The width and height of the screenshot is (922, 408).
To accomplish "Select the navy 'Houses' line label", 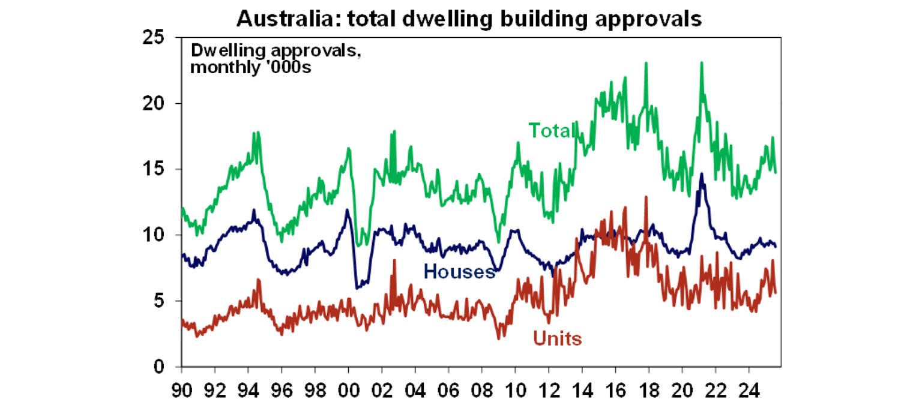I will pos(459,272).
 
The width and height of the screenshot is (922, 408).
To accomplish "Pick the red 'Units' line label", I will pos(557,339).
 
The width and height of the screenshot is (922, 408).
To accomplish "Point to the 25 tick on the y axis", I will pos(154,38).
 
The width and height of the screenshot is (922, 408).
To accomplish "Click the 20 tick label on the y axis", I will pos(154,104).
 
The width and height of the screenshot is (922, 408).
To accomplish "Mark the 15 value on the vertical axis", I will pos(154,169).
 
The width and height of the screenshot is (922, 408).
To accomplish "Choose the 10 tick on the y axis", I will pos(154,235).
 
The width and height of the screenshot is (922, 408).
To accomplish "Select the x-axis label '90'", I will pos(182,386).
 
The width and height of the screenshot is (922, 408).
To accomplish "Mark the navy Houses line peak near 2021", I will pos(701,174).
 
